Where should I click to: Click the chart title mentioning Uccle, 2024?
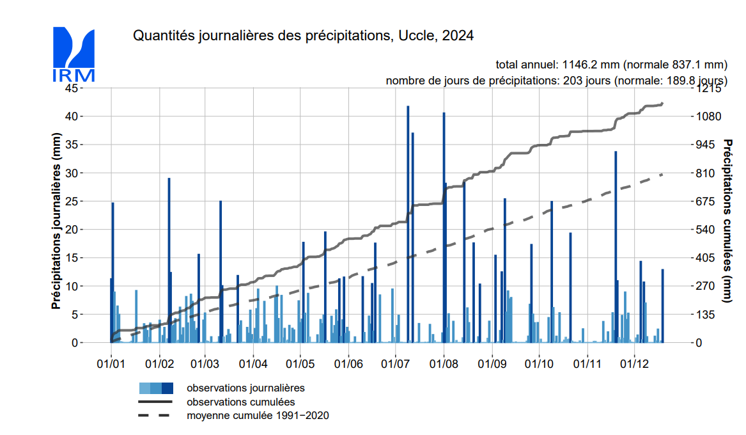click(303, 36)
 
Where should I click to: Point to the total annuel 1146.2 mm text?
click(612, 65)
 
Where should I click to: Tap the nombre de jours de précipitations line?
click(556, 81)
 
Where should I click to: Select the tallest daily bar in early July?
click(408, 224)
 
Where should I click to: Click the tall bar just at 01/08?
click(444, 227)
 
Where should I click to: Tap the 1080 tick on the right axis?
click(708, 116)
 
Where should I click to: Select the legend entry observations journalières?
click(245, 388)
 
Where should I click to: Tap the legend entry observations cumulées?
click(240, 402)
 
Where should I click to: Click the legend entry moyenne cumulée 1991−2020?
click(258, 416)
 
